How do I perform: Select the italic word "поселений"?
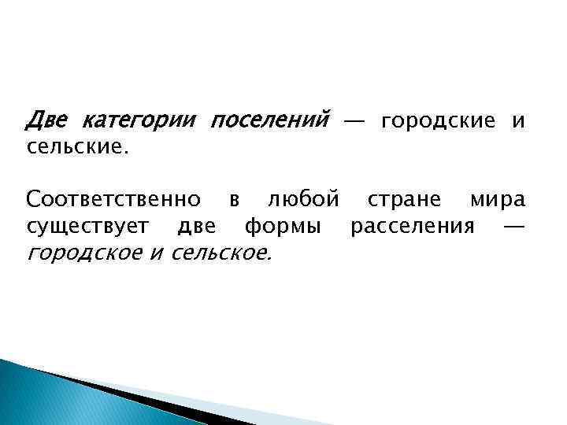click(269, 121)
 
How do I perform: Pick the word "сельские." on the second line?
click(76, 147)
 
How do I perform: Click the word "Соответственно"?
click(113, 200)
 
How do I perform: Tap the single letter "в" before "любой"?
click(234, 201)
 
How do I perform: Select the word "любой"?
click(303, 200)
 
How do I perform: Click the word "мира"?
click(497, 201)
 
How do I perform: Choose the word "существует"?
click(87, 227)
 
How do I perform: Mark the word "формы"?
click(282, 227)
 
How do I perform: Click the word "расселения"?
click(413, 227)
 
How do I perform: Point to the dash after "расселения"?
click(513, 227)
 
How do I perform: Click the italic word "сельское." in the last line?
click(221, 253)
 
